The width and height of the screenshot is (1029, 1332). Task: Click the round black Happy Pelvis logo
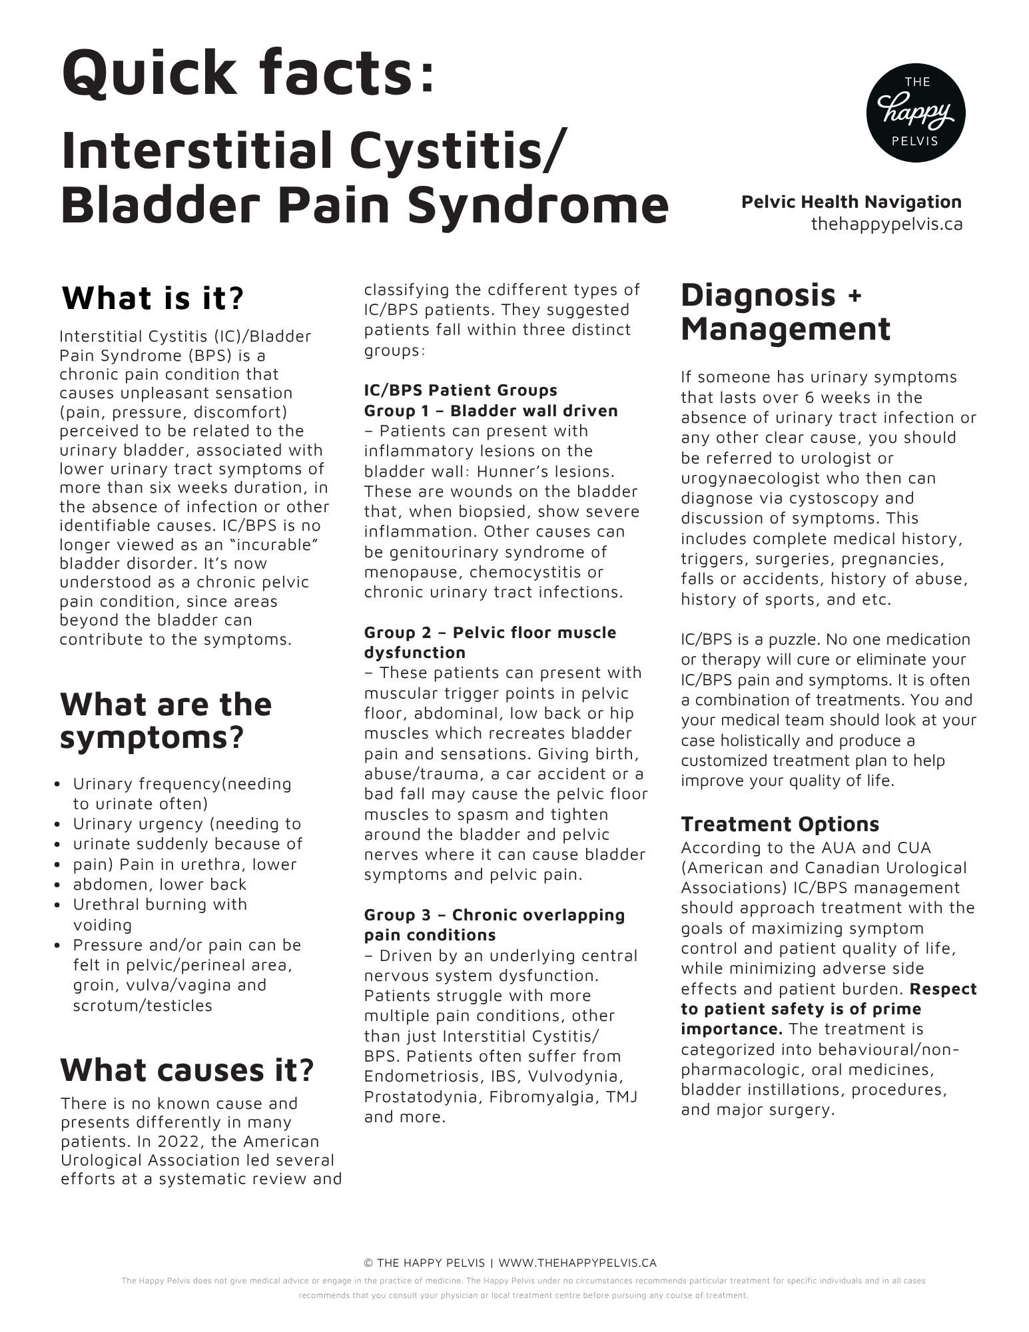[916, 113]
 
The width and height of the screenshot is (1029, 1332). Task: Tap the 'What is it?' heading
[153, 298]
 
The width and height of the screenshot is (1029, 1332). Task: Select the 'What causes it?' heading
[187, 1070]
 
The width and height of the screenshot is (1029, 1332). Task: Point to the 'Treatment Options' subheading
[780, 824]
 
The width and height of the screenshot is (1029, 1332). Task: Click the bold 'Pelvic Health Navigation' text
[851, 202]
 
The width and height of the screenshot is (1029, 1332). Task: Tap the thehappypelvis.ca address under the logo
[886, 224]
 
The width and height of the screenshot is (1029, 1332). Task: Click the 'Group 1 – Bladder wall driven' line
[491, 410]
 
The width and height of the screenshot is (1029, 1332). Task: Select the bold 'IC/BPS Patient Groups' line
[460, 390]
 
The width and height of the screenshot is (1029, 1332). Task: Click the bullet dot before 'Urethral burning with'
[59, 905]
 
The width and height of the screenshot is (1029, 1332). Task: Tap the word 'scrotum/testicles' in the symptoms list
[143, 1005]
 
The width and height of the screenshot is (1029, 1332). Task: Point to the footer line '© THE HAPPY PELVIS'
[426, 1263]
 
